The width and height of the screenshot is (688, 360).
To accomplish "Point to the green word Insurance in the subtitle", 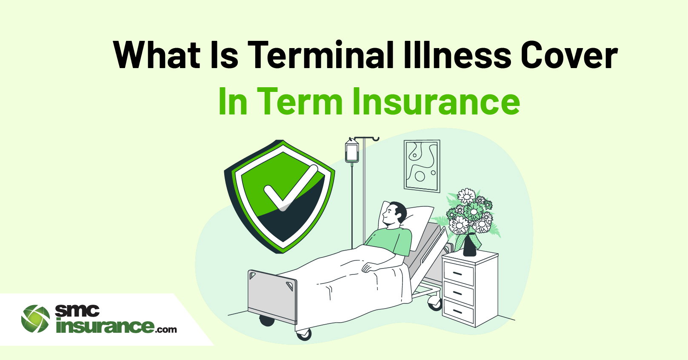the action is pos(436,101).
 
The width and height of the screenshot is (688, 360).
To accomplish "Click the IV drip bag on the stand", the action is pos(352,151).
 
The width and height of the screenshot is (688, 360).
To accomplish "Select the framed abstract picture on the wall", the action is pos(422,166).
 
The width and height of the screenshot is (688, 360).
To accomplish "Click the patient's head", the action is pos(395,214).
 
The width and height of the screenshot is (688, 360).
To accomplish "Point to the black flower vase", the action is pos(469,245).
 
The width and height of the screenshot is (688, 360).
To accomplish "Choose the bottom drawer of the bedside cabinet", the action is pos(459,311).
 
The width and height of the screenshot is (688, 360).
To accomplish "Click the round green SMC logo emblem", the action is pos(35,319).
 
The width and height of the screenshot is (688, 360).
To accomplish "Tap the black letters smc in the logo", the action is pos(77,311).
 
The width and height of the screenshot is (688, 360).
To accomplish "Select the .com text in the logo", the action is pos(166,330).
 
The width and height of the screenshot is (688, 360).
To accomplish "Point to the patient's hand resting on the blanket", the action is pos(368,268).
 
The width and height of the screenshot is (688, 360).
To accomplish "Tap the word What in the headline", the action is pos(157,54).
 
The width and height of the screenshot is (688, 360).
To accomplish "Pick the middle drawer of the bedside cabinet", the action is pos(459,292).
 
